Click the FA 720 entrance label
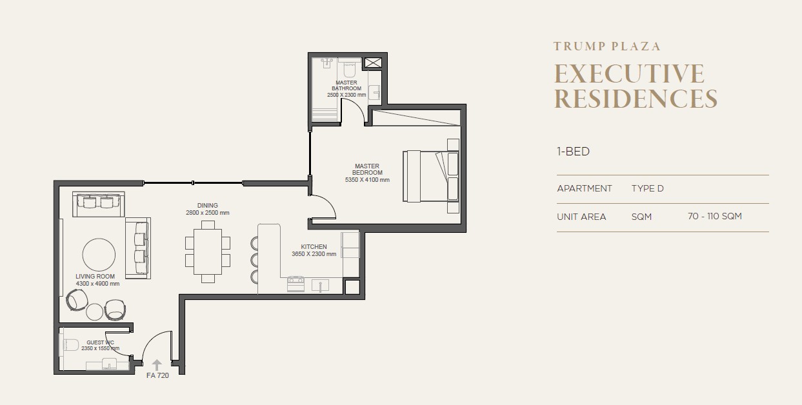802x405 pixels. pyautogui.click(x=157, y=375)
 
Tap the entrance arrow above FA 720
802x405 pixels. pyautogui.click(x=156, y=365)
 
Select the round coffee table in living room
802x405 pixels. pyautogui.click(x=99, y=255)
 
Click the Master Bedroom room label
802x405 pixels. pyautogui.click(x=367, y=169)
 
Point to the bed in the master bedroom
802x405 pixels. pyautogui.click(x=431, y=176)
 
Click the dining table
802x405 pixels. pyautogui.click(x=208, y=252)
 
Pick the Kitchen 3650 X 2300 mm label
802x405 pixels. pyautogui.click(x=314, y=250)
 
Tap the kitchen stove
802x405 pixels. pyautogui.click(x=296, y=284)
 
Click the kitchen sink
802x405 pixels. pyautogui.click(x=321, y=286)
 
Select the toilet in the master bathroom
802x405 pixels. pyautogui.click(x=349, y=68)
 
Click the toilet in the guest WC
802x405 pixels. pyautogui.click(x=71, y=345)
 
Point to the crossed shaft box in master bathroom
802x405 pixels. pyautogui.click(x=373, y=63)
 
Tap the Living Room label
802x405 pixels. pyautogui.click(x=95, y=276)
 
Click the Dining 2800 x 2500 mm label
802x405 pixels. pyautogui.click(x=208, y=209)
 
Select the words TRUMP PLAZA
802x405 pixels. pyautogui.click(x=607, y=46)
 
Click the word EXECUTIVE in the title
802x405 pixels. pyautogui.click(x=630, y=74)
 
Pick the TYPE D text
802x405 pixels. pyautogui.click(x=647, y=188)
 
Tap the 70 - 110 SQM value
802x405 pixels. pyautogui.click(x=715, y=216)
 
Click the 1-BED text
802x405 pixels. pyautogui.click(x=573, y=152)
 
